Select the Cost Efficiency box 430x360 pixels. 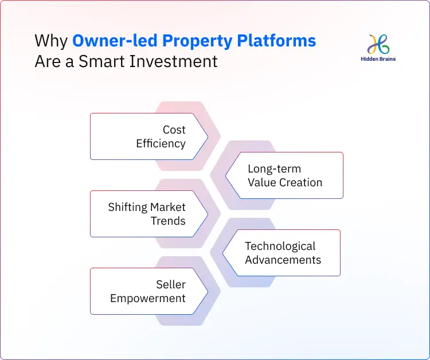(x=148, y=136)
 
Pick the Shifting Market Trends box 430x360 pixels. (x=148, y=214)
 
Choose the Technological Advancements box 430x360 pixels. (x=282, y=253)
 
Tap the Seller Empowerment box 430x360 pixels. (x=148, y=291)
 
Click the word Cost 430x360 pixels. (x=174, y=130)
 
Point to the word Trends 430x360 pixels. (x=168, y=221)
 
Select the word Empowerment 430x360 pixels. (x=148, y=298)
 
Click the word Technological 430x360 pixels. (x=280, y=246)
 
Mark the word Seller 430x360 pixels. (x=170, y=284)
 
